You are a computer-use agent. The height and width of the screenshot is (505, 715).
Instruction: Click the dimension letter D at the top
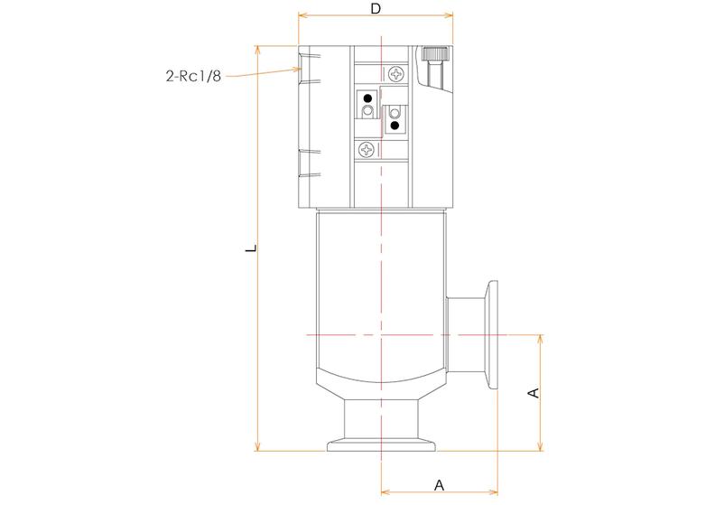click(x=375, y=8)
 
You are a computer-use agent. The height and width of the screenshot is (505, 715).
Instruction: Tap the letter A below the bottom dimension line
click(x=440, y=484)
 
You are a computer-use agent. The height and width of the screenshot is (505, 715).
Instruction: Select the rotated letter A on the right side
click(x=533, y=393)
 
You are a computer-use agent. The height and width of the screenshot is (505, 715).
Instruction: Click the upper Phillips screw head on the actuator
click(x=397, y=72)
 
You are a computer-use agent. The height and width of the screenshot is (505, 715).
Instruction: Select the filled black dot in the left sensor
click(x=368, y=98)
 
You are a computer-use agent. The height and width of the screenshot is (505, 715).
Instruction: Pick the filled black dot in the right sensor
click(x=395, y=125)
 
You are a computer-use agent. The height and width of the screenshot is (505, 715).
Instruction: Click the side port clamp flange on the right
click(x=493, y=335)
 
